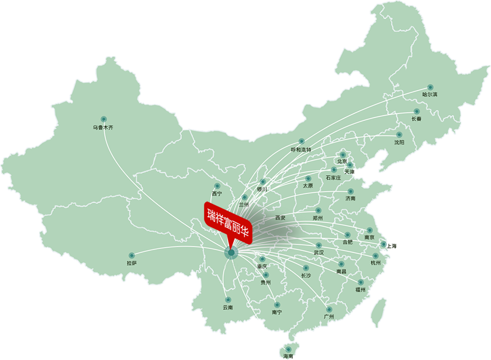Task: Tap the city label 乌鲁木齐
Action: click(103, 127)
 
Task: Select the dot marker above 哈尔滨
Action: click(430, 87)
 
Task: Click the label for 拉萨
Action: click(131, 263)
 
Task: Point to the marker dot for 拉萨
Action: click(132, 255)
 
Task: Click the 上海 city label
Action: click(391, 247)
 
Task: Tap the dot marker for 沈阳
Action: click(400, 134)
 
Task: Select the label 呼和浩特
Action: click(301, 150)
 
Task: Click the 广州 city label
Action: click(329, 317)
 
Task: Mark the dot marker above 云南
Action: click(228, 300)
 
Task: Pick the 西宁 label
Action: click(217, 193)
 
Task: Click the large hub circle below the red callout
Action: click(231, 252)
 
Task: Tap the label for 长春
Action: click(416, 119)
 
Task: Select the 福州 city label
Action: click(360, 289)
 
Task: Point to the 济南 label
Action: click(350, 199)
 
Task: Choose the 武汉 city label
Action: click(319, 253)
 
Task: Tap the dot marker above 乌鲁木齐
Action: click(103, 119)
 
